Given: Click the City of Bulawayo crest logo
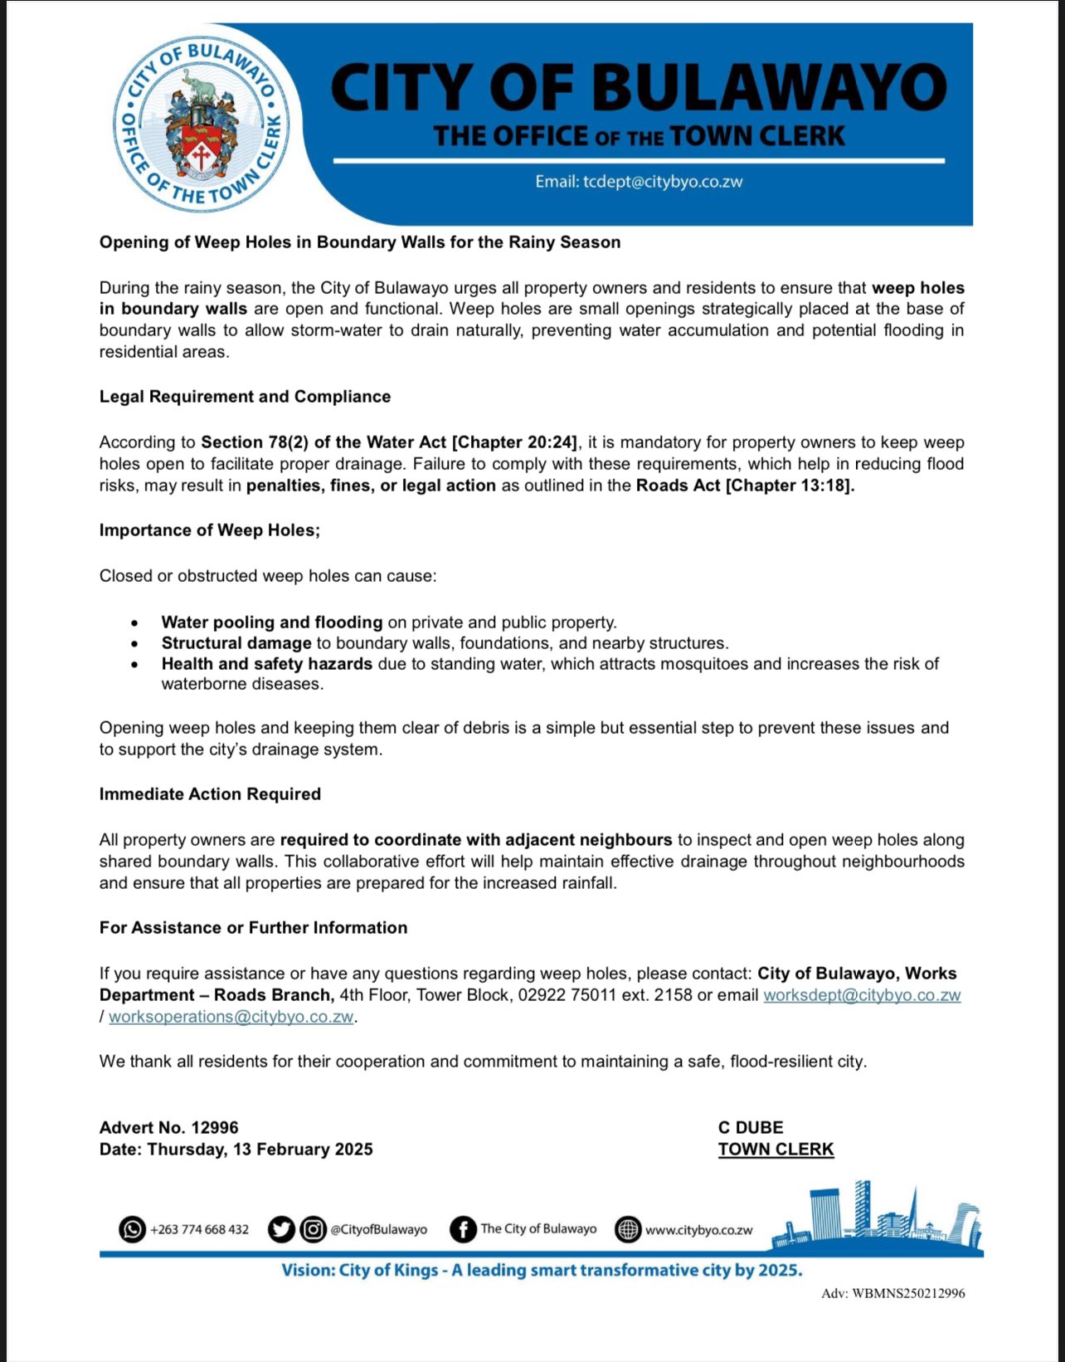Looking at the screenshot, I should [x=202, y=124].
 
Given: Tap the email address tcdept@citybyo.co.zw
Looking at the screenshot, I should [x=662, y=182].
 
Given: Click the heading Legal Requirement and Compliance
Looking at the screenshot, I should [x=245, y=397].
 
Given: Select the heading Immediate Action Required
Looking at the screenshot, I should [x=210, y=794].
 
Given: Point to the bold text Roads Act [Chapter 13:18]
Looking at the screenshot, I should [x=745, y=486].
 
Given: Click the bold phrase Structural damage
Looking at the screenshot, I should [x=236, y=643].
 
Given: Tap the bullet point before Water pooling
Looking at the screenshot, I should [x=134, y=622].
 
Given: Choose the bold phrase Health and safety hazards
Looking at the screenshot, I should [x=266, y=664].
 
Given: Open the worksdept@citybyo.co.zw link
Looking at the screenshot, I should [x=862, y=995].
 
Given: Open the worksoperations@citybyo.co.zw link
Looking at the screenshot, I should [x=231, y=1017].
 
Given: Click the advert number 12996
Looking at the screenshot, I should [x=215, y=1128].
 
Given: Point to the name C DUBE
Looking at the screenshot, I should [x=751, y=1128].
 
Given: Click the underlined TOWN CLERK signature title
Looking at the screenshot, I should [x=776, y=1150].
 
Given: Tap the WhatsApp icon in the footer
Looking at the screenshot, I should [x=132, y=1229].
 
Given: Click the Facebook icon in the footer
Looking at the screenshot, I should [x=463, y=1229].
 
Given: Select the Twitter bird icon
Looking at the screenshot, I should [x=281, y=1229].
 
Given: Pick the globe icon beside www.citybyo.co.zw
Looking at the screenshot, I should [x=628, y=1229].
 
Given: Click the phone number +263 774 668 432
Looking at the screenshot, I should [x=199, y=1229].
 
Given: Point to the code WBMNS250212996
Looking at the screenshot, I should [x=908, y=1293].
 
